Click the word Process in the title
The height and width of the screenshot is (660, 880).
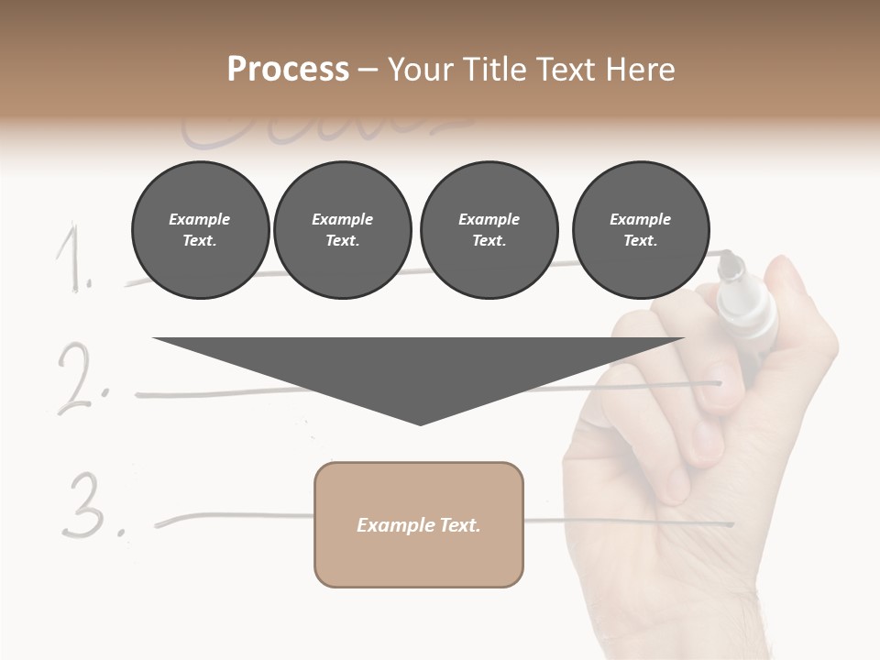click(x=288, y=70)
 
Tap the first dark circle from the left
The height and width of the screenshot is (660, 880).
click(x=200, y=230)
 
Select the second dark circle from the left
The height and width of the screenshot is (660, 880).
click(x=342, y=230)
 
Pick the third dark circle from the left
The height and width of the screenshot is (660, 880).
click(x=489, y=230)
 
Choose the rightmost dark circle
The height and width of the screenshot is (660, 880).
click(x=640, y=230)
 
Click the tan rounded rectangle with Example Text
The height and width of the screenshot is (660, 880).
click(x=419, y=524)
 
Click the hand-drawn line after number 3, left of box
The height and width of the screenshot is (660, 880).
click(x=234, y=517)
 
